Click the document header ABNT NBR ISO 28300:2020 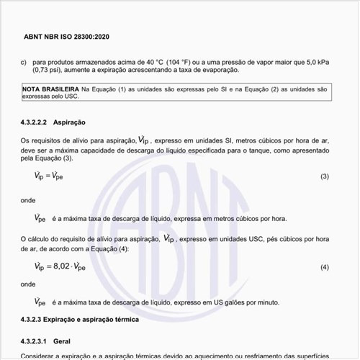tap(66, 35)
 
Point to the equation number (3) tap(324, 177)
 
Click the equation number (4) tap(324, 268)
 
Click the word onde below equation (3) tap(28, 201)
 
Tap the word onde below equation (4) tap(28, 284)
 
